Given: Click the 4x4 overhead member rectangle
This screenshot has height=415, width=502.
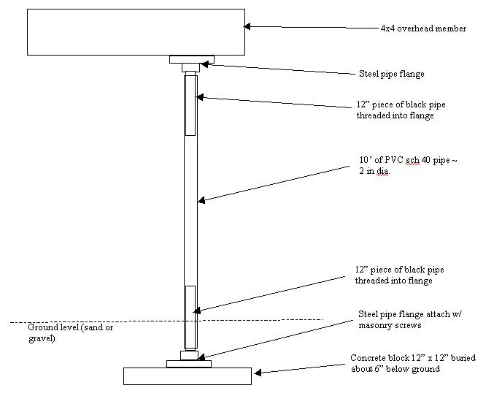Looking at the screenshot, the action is tap(136, 32).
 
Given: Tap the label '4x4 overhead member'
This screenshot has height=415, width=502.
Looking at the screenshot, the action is tap(423, 28).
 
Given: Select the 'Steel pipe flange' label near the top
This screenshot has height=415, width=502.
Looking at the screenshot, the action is tap(392, 74).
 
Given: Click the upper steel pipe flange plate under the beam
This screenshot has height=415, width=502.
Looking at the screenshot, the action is tap(192, 60).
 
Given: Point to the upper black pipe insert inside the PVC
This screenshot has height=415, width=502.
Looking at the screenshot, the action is tap(191, 105).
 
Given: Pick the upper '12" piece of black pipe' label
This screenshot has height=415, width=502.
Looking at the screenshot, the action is tap(401, 110).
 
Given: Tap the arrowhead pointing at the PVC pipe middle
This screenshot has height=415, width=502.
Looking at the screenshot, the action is tap(201, 200).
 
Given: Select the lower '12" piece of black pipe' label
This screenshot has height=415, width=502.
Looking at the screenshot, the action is tap(400, 275).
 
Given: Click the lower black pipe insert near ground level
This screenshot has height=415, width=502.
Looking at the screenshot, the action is tap(190, 317).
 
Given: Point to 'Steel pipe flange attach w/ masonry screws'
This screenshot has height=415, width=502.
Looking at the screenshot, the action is tap(410, 319).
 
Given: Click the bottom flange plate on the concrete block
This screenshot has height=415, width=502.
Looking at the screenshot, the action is tap(189, 364).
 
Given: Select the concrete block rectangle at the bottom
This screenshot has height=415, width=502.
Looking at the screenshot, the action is tap(188, 376).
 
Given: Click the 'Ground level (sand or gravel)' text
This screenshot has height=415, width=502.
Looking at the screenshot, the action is tap(71, 332).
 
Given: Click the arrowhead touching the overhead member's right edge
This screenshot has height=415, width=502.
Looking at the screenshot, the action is tap(247, 26).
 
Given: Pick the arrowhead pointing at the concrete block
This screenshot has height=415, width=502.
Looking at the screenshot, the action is tap(258, 373).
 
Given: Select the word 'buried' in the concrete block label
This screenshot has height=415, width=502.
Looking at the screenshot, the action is tap(463, 358).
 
